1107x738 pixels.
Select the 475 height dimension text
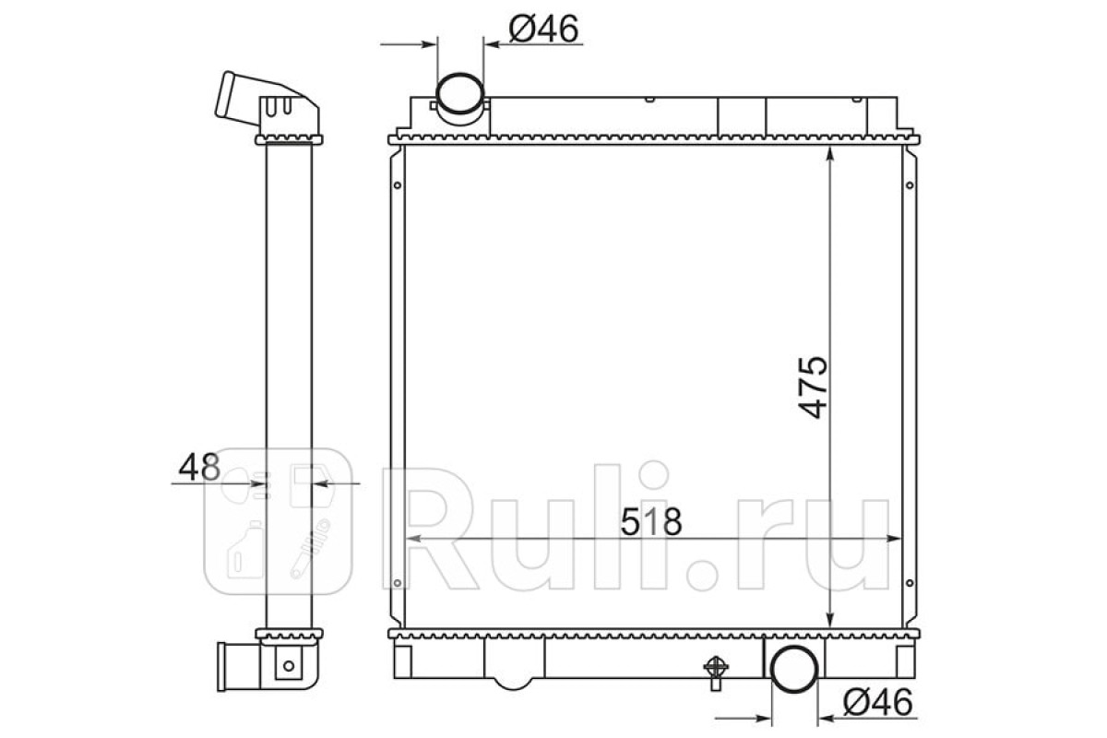coord(813,387)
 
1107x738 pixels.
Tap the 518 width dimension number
coord(651,522)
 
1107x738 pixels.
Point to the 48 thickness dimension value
coord(199,467)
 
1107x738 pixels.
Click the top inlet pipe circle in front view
coord(459,93)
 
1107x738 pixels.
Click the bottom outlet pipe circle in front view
coord(794,670)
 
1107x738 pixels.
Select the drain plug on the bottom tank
coord(716,673)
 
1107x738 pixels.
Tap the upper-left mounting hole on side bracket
coord(398,185)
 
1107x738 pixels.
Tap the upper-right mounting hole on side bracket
coord(910,185)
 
